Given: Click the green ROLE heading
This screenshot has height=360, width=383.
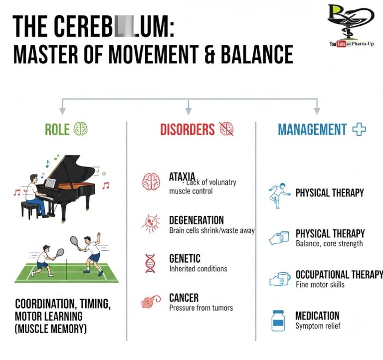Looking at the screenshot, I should coord(57,130).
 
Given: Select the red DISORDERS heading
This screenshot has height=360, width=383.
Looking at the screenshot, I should coord(187,130).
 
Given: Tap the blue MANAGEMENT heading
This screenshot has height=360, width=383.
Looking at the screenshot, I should coord(312,130).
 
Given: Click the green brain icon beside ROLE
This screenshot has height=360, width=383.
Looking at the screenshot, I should coord(80,129).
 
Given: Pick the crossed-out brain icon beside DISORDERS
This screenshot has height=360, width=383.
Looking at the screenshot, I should coord(226,129).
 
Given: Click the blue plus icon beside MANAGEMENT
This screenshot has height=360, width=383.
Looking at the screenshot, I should coord(359,130).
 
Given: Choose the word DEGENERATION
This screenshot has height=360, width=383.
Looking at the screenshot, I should coord(196,220).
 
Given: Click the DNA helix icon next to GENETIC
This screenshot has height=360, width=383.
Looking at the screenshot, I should coord(150,263).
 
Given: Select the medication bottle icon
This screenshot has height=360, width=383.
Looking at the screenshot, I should coord(278,320).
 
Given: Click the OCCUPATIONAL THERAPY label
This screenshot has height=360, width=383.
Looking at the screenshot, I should coord(339,275).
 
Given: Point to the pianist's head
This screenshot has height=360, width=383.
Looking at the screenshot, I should coord(33,178).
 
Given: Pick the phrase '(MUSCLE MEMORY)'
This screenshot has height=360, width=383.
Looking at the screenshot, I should coord(50,329).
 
